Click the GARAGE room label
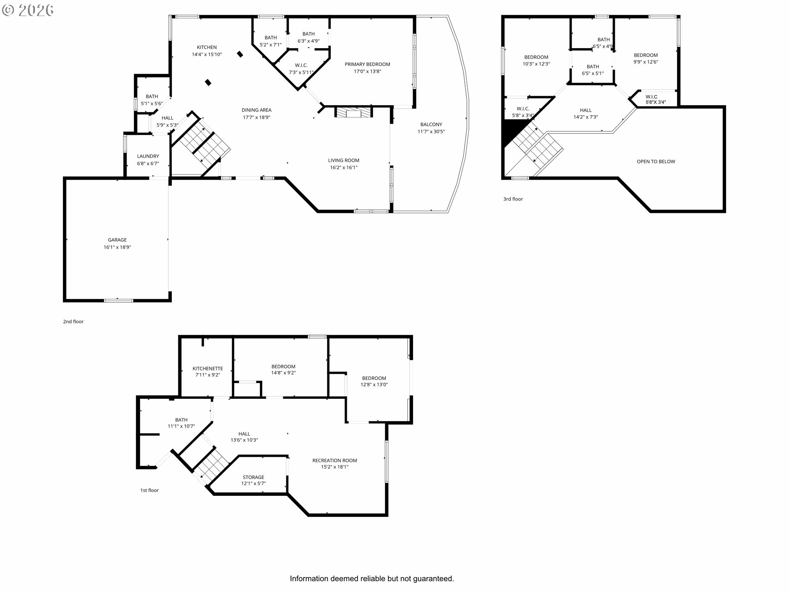tap(117, 240)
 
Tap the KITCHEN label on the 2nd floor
tap(207, 47)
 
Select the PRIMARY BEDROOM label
tap(367, 64)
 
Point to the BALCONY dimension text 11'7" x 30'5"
tap(431, 132)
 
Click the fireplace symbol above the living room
tap(353, 112)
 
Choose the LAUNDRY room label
tap(148, 156)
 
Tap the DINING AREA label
tap(256, 110)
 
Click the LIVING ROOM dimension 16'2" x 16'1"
tap(344, 167)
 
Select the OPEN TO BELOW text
tap(656, 162)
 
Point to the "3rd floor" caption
tap(513, 199)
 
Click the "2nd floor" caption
tap(73, 321)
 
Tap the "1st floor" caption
tap(150, 490)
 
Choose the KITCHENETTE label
tap(208, 369)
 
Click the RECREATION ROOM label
tap(335, 460)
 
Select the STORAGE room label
tap(254, 477)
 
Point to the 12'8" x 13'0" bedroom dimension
tap(374, 385)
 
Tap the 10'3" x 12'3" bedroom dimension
tap(536, 64)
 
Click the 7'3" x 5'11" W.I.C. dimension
tap(301, 72)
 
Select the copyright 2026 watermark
tap(28, 10)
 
